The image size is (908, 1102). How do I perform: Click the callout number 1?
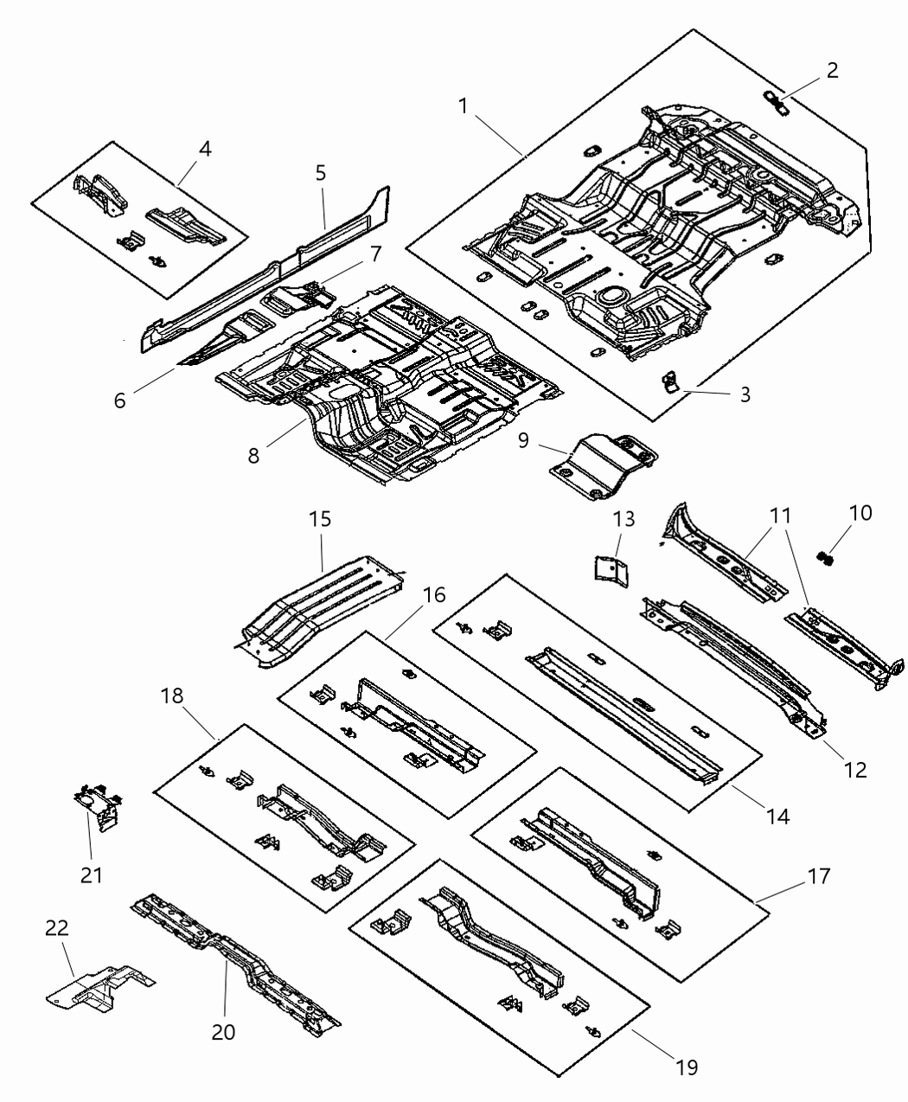click(x=464, y=106)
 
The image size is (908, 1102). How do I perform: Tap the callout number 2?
click(x=831, y=70)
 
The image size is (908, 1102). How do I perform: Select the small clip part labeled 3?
click(x=668, y=381)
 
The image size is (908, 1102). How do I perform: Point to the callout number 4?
click(x=204, y=149)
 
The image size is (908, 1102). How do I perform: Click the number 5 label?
click(x=320, y=173)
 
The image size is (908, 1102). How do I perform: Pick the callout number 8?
click(x=253, y=455)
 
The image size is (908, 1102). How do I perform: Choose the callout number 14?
click(x=777, y=815)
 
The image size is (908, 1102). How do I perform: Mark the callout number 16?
click(x=434, y=595)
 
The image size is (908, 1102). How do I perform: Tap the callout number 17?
click(x=817, y=877)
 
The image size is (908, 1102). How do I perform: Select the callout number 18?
click(x=172, y=696)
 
